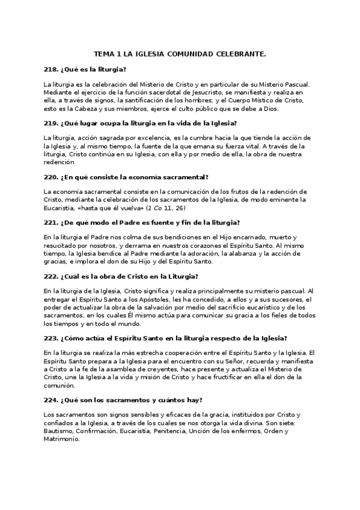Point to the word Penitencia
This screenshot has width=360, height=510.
(x=172, y=431)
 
